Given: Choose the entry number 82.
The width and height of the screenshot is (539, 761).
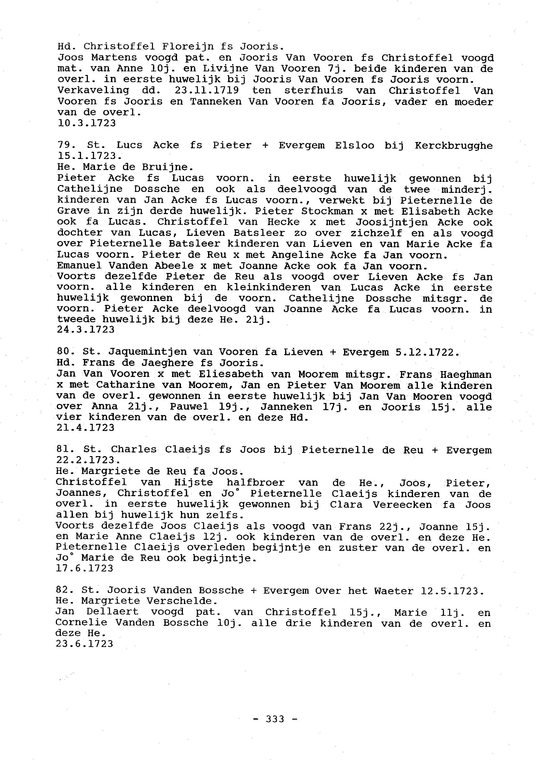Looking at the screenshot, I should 62,590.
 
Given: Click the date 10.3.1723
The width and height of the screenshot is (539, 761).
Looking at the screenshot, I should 87,123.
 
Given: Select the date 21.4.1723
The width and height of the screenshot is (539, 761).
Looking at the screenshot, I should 86,427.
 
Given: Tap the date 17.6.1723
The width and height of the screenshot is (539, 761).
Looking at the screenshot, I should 85,568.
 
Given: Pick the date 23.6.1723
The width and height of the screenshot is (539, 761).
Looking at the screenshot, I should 85,644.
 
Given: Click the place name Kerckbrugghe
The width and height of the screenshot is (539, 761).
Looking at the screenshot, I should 454,146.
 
